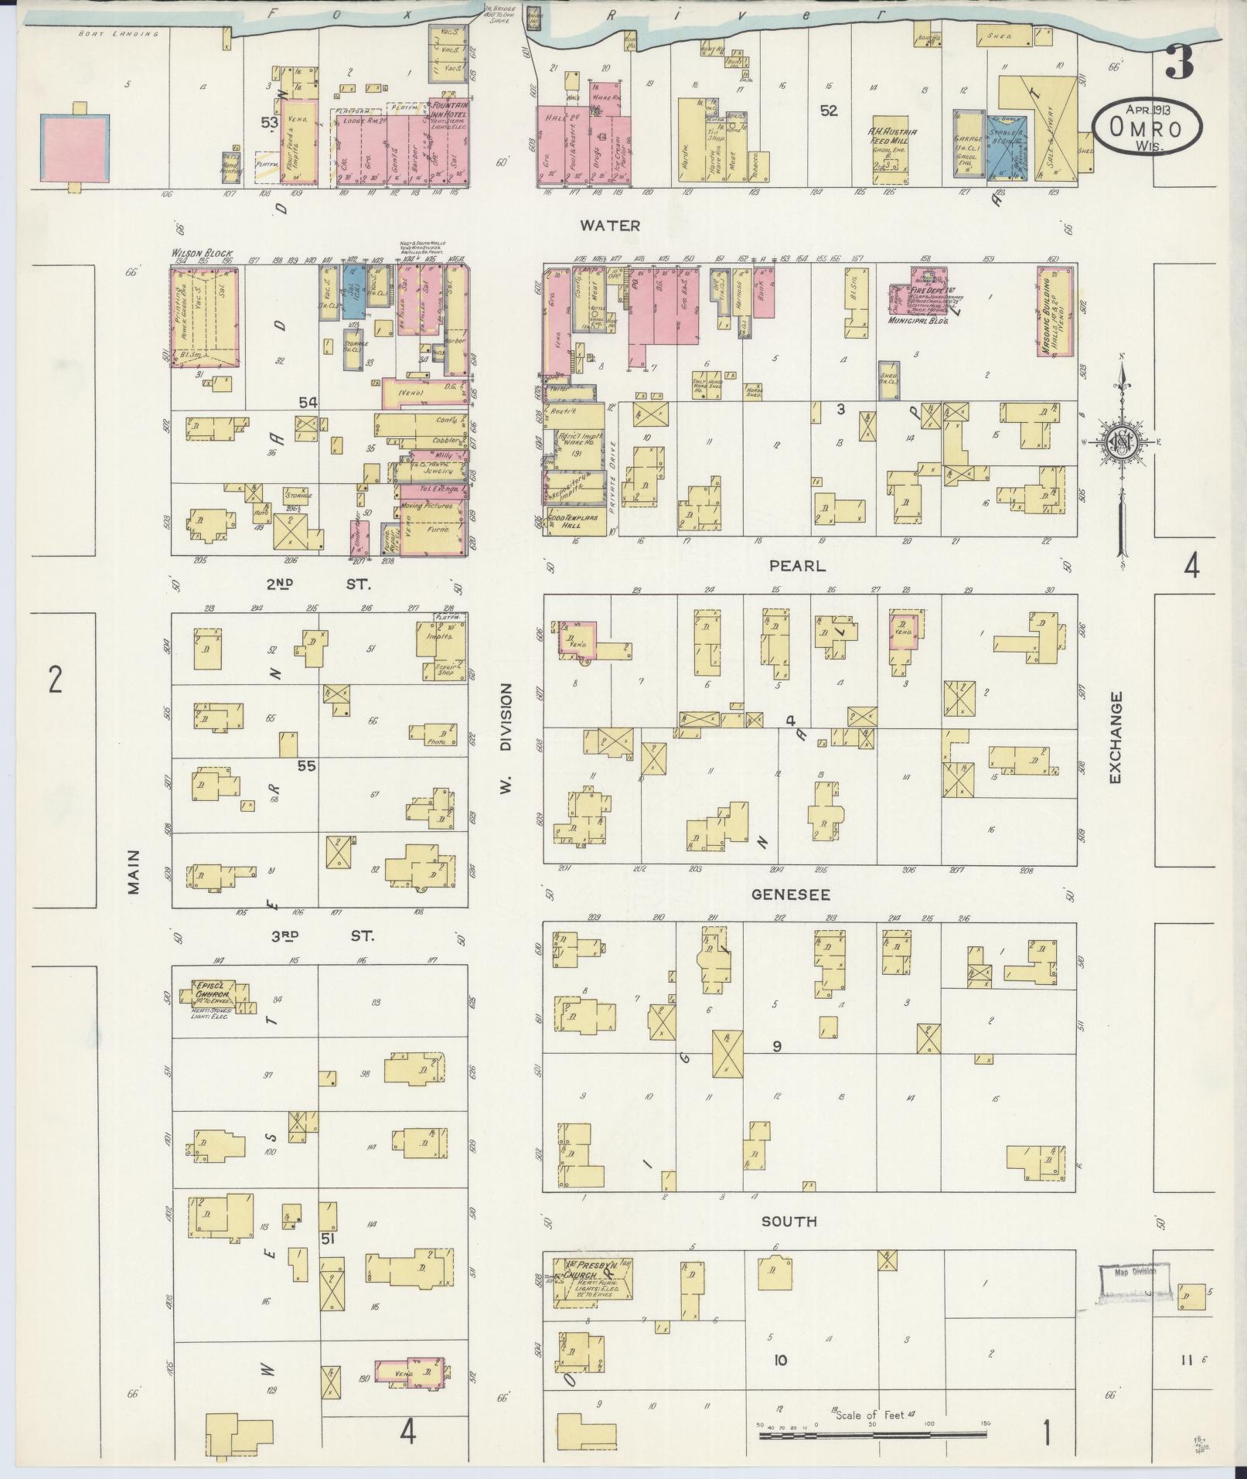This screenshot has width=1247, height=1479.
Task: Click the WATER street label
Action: pos(611,226)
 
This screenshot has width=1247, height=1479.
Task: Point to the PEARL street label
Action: pos(797,566)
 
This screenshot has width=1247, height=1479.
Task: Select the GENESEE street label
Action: pos(791,895)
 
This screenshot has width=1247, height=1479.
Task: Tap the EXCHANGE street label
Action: pos(1114,738)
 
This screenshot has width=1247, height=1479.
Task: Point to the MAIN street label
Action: pos(134,872)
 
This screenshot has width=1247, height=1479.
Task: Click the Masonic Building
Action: pos(1055,312)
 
